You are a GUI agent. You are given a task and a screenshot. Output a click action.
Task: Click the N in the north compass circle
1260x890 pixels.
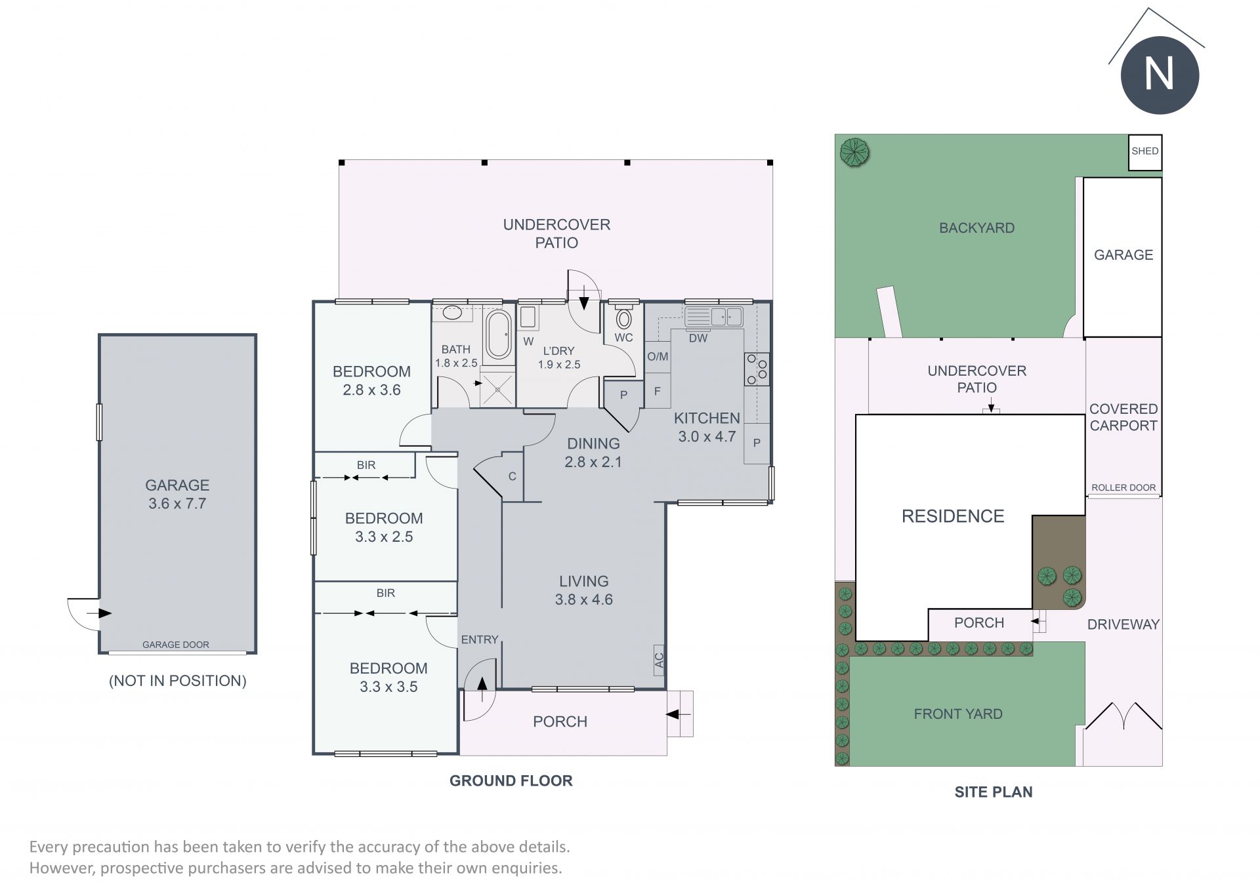1159,74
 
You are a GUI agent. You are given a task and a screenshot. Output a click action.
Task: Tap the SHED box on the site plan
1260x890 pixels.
1145,152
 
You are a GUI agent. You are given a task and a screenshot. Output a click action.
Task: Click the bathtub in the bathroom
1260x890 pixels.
499,334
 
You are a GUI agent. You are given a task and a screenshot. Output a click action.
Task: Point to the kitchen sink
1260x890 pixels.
714,317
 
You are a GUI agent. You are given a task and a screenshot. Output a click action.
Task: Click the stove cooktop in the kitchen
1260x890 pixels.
757,369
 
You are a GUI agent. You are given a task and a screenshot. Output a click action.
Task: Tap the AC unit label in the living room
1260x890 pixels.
660,658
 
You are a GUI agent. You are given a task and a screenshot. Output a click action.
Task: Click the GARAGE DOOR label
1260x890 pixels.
176,645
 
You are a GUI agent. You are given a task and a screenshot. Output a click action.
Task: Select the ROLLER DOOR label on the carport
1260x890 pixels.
1123,487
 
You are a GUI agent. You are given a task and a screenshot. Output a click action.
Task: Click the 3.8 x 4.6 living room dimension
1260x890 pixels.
584,599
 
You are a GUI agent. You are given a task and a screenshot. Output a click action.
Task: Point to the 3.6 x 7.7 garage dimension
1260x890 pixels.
177,504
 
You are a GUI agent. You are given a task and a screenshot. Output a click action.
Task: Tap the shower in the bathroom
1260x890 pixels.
498,387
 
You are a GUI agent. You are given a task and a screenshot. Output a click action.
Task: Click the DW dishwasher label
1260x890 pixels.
698,338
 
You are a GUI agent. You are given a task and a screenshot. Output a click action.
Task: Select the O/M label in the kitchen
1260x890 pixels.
658,357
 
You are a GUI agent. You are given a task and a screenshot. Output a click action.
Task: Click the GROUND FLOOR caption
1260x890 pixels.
511,780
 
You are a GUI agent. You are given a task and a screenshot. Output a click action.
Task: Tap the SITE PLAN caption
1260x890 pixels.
994,792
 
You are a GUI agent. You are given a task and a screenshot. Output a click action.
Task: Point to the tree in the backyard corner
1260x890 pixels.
854,153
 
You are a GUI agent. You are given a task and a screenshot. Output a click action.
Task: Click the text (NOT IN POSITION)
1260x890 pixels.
177,681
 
